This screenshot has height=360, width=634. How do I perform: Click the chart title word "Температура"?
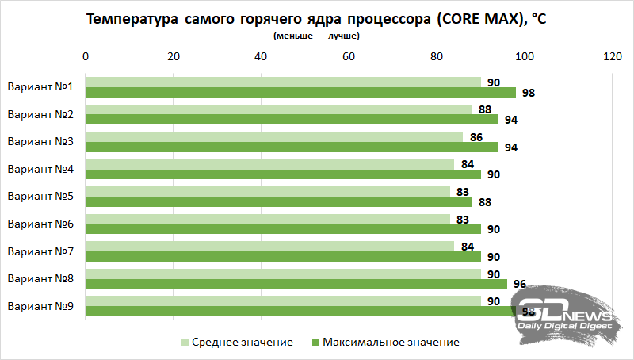click(x=135, y=19)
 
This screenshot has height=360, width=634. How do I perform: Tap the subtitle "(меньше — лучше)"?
click(x=316, y=36)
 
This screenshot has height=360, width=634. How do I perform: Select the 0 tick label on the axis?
click(x=86, y=57)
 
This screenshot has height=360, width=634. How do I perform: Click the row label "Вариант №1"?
click(x=40, y=87)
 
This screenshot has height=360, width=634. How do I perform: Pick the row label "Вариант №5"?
click(x=40, y=197)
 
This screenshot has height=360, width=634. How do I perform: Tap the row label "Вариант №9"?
click(x=40, y=306)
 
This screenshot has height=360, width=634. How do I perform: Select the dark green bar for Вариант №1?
click(x=300, y=92)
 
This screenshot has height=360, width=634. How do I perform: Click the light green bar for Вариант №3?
click(x=274, y=137)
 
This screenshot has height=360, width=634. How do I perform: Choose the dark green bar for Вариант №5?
click(x=278, y=201)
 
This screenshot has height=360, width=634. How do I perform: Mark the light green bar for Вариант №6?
click(x=267, y=219)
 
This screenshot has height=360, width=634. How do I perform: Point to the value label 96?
click(x=520, y=284)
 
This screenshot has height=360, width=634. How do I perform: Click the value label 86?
click(x=476, y=137)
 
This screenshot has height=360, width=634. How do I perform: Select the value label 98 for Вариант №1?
click(x=529, y=93)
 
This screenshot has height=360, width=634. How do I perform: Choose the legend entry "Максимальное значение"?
click(x=388, y=343)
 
